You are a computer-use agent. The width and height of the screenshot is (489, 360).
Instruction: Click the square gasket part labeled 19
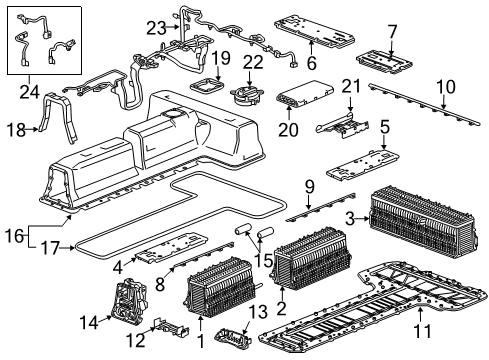coord(205,84)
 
